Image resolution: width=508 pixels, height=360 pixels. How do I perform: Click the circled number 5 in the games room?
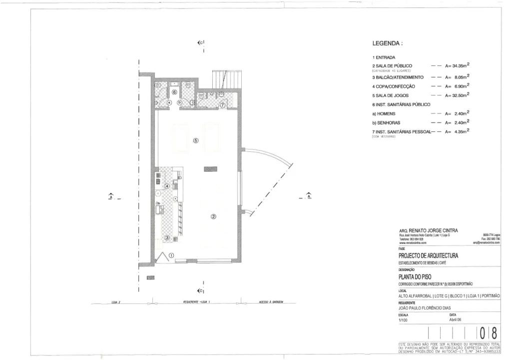coord(195,140)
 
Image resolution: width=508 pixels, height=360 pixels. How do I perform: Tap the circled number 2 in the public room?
coord(213,216)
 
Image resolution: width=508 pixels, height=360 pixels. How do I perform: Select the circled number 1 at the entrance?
coord(172,255)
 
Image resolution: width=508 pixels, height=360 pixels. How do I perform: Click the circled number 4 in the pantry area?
coord(167,186)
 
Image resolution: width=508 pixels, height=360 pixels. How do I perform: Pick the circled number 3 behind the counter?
coord(167,237)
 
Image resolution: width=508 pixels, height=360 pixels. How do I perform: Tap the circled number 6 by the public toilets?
coord(174,92)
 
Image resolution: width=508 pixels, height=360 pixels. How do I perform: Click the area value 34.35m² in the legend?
coord(457,65)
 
